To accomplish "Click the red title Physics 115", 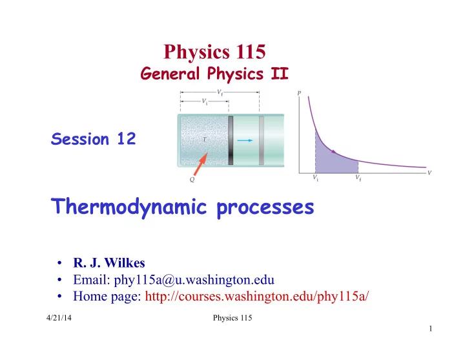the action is [x=214, y=52].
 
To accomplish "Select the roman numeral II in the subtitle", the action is [x=280, y=73].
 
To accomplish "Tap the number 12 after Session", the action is [x=127, y=138].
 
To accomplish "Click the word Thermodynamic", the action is [x=129, y=207].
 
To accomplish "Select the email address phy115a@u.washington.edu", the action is [x=194, y=280].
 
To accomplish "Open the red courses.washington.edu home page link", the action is [x=257, y=296].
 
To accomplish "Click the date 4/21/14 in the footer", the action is [x=59, y=318].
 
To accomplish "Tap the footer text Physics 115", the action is [x=232, y=318].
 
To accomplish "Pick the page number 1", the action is [x=431, y=328].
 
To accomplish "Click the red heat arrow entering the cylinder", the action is [x=200, y=164].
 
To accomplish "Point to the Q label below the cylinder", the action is [x=192, y=180].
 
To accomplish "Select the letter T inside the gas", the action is [x=204, y=139].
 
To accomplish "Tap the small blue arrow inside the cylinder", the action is [x=245, y=140].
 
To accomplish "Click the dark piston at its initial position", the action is [x=231, y=140].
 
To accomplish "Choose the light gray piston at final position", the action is [x=262, y=140].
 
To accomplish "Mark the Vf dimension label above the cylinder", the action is [x=220, y=92].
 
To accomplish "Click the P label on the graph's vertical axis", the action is [x=299, y=93].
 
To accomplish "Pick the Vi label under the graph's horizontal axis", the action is [x=316, y=178].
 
